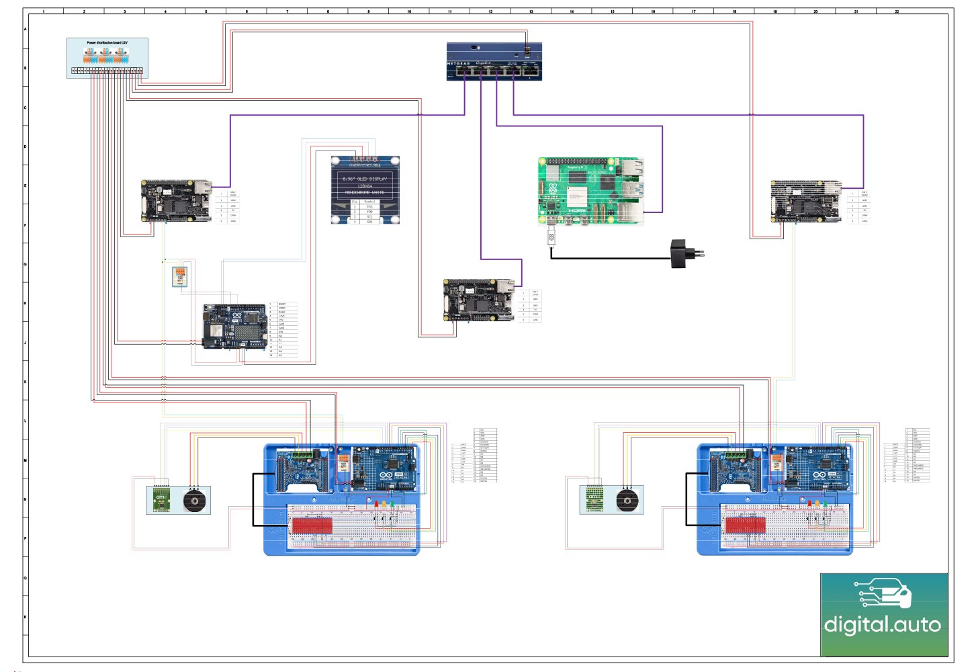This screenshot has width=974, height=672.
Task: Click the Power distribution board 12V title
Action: (107, 42)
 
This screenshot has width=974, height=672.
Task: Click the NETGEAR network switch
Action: (494, 62)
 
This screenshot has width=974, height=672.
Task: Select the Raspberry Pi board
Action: (590, 191)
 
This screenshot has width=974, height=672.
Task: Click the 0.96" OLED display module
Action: (365, 190)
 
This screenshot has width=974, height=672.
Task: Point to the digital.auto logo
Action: (883, 614)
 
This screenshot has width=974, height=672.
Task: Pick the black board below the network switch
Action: (478, 299)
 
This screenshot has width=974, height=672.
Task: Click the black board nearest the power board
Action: (175, 200)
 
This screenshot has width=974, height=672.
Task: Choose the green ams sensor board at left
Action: (161, 500)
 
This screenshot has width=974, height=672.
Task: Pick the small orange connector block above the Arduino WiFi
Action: (179, 276)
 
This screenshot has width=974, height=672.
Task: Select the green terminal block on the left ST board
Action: (306, 454)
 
